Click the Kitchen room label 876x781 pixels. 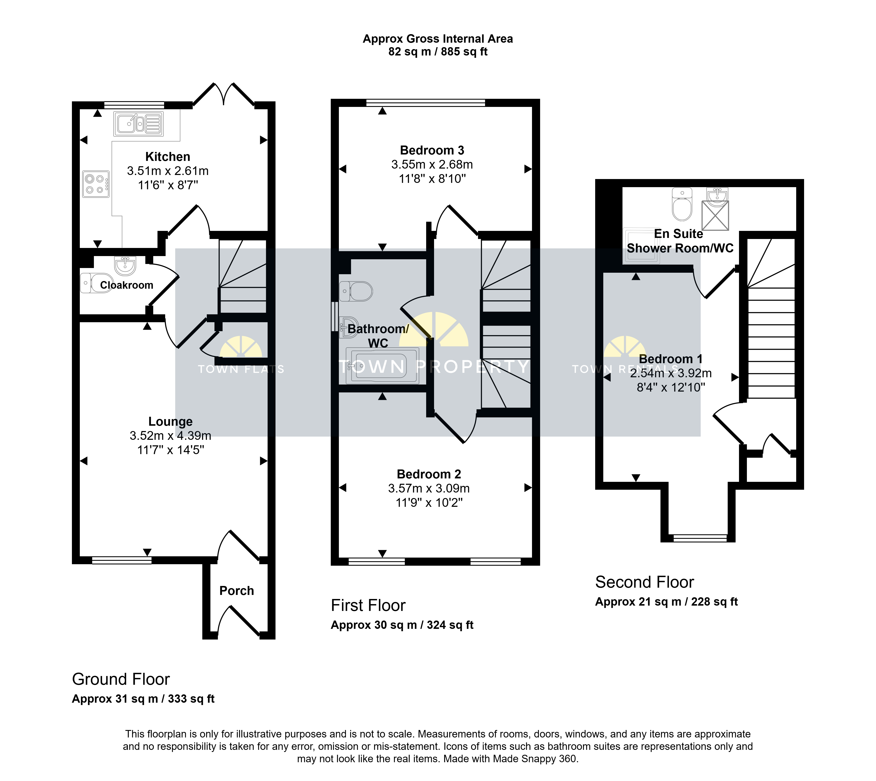coord(167,157)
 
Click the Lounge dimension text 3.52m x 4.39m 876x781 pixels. coord(170,436)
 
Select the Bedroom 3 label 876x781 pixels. coord(432,150)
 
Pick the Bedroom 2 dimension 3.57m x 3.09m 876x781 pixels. coord(429,488)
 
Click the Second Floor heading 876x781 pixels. coord(644,582)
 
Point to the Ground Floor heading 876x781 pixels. coord(121,679)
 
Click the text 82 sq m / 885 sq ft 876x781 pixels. coord(438,52)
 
